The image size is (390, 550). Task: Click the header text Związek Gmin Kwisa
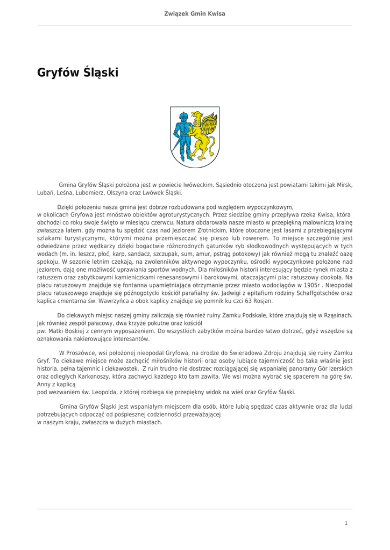point(195,13)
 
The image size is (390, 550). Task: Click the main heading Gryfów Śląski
point(77,72)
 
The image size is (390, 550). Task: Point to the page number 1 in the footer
point(346,523)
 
